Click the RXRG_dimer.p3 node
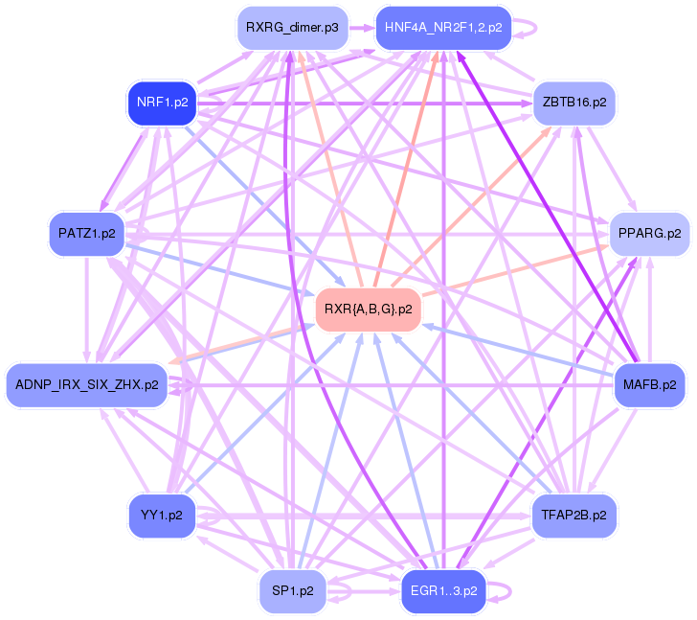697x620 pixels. point(293,28)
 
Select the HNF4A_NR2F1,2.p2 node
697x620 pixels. point(443,28)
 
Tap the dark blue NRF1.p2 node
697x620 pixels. point(162,103)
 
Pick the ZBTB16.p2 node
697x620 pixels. point(574,103)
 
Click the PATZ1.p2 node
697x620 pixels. point(87,234)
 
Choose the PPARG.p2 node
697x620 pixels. point(649,234)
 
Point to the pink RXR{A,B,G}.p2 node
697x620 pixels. point(368,310)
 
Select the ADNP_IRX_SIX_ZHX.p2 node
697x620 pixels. point(87,384)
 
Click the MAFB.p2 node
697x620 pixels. point(649,384)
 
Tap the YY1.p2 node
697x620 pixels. point(162,516)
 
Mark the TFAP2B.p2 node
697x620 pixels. point(573,516)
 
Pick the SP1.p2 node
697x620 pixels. point(293,591)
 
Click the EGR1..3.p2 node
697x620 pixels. point(443,591)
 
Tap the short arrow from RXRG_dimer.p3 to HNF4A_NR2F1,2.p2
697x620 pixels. point(362,28)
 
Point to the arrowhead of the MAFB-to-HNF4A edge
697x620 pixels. point(461,56)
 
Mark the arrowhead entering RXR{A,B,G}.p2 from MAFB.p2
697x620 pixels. point(428,327)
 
